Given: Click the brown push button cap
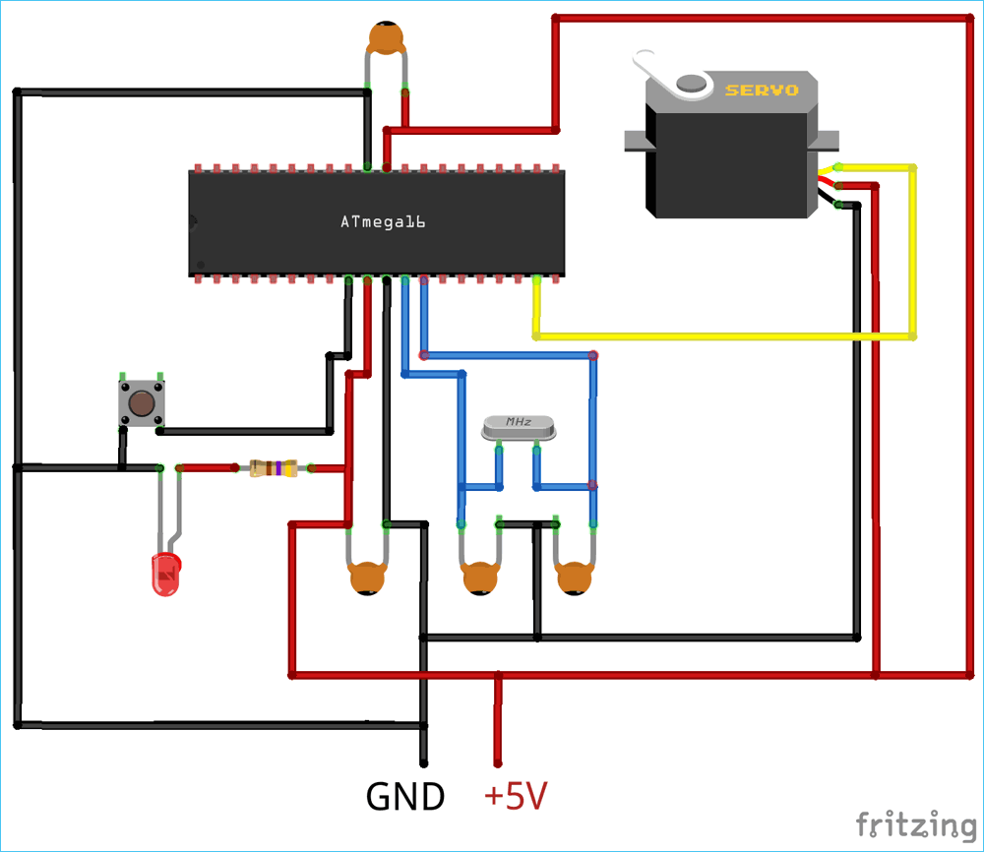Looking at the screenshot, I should click(x=141, y=403).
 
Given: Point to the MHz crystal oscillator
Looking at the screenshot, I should click(x=519, y=427).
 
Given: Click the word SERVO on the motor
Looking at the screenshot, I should click(x=761, y=91).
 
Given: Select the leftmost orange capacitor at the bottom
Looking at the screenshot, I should click(x=367, y=578).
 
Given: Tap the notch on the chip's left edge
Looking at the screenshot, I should click(x=194, y=222).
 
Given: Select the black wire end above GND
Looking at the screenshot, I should click(x=424, y=760).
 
